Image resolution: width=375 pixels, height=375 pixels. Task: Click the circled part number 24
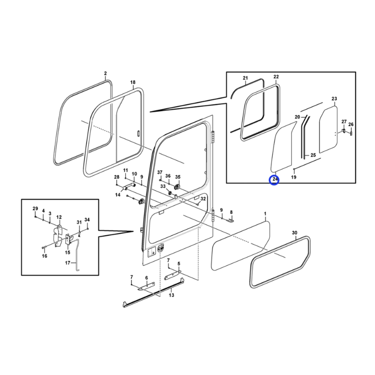click(x=275, y=179)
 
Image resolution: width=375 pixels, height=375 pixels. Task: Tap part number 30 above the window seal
click(x=295, y=232)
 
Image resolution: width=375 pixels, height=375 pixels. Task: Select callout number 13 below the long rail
click(x=172, y=295)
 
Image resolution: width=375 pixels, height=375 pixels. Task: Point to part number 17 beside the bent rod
click(x=67, y=263)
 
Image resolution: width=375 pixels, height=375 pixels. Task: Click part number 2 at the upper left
click(x=105, y=74)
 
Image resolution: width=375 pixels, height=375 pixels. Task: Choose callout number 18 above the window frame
click(x=133, y=82)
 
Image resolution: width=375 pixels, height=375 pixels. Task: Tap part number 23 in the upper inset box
click(x=334, y=98)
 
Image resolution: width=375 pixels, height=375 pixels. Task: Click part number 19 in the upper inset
click(x=294, y=177)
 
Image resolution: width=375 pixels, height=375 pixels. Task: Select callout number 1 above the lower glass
click(x=265, y=213)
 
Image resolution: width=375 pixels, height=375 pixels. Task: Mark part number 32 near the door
click(x=203, y=199)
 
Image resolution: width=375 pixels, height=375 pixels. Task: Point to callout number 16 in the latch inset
click(x=45, y=256)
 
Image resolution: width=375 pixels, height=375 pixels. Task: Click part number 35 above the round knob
click(x=178, y=177)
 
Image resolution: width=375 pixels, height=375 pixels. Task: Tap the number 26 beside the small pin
click(x=351, y=124)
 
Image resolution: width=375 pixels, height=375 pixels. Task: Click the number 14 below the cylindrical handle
click(x=118, y=195)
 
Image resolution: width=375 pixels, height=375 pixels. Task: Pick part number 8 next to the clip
click(x=231, y=212)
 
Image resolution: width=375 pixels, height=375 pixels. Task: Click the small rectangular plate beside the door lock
click(x=151, y=252)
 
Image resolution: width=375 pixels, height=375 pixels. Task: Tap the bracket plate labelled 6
click(x=146, y=286)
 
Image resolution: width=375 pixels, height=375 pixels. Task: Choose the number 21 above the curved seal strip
click(x=245, y=78)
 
